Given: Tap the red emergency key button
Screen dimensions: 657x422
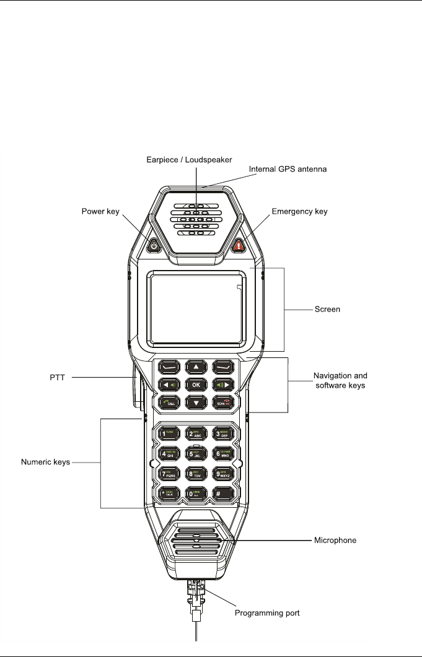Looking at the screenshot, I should click(x=239, y=246).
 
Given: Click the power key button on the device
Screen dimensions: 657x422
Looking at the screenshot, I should click(x=154, y=246).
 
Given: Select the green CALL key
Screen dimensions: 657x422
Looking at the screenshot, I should click(x=168, y=402).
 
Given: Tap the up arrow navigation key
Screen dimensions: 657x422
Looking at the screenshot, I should click(x=196, y=367).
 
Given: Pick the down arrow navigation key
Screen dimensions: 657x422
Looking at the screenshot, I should click(x=196, y=402).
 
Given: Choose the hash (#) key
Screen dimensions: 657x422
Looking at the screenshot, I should click(x=224, y=494).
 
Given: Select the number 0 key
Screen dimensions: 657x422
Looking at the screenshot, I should click(x=196, y=494).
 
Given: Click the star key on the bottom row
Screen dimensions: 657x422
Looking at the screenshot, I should click(x=168, y=494).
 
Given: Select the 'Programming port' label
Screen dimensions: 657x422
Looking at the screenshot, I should click(x=268, y=614).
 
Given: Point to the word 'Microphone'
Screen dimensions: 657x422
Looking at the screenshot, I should click(x=333, y=541).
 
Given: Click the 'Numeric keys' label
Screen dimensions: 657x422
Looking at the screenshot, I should click(x=46, y=462).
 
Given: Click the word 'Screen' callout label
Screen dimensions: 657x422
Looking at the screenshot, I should click(x=328, y=309).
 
